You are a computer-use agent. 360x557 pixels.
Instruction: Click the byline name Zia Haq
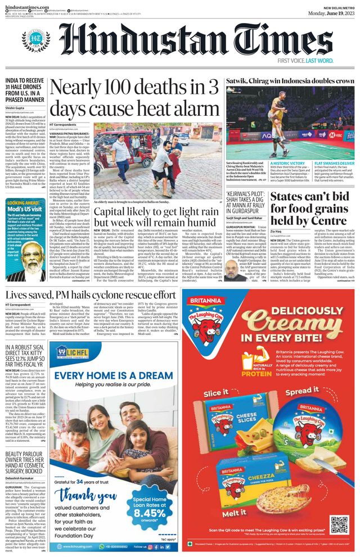click(276, 231)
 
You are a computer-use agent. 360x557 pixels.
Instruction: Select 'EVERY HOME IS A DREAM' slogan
click(113, 376)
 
